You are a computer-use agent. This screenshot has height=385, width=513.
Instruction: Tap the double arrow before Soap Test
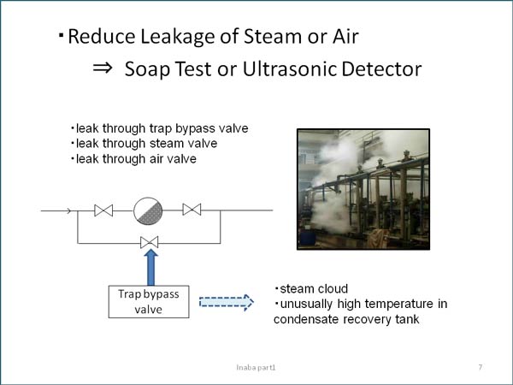click(x=103, y=68)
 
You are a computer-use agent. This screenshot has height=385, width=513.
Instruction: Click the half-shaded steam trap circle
click(x=148, y=210)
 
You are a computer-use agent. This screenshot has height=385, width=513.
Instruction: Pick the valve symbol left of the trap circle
click(x=103, y=210)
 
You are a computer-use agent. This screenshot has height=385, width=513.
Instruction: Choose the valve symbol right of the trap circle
click(x=192, y=210)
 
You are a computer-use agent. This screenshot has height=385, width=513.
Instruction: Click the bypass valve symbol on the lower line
click(x=149, y=242)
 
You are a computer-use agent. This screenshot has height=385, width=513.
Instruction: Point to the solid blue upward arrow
click(x=150, y=267)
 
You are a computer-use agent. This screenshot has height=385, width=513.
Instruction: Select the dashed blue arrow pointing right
click(x=227, y=302)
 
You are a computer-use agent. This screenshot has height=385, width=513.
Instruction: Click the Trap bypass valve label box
click(x=149, y=301)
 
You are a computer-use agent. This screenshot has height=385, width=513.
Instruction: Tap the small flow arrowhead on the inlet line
click(x=68, y=210)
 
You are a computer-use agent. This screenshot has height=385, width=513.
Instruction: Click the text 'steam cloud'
click(x=314, y=289)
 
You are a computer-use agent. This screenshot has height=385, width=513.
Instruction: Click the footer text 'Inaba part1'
click(x=256, y=368)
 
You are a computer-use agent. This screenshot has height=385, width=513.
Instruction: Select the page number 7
click(x=481, y=367)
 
